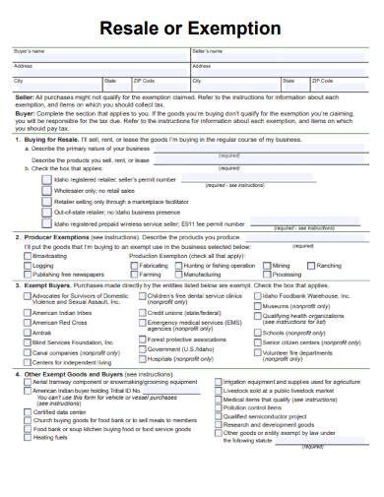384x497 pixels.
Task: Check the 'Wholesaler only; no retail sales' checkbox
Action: pos(47,190)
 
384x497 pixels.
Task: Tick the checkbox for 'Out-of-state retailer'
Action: pos(47,212)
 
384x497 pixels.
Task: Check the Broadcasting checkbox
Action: pos(28,256)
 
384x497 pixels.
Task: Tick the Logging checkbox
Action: pos(28,265)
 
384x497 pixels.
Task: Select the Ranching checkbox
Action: pos(312,265)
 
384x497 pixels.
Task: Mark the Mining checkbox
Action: pos(267,265)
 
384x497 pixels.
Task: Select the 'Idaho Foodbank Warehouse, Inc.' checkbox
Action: pos(258,295)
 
